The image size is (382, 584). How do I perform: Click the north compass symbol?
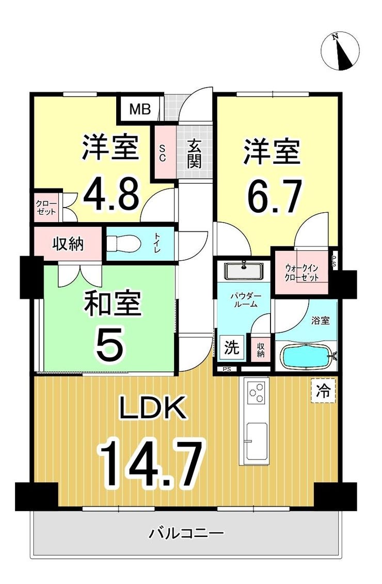[x=340, y=52]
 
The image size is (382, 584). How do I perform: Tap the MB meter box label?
[x=140, y=109]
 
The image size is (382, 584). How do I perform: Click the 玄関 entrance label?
[x=194, y=153]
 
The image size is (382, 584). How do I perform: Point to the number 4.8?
[x=112, y=194]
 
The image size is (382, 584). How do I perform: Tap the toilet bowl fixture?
[x=123, y=244]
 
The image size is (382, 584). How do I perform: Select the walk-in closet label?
[x=301, y=273]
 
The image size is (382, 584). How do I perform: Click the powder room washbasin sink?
[x=244, y=271]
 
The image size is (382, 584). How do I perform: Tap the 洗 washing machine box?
[x=232, y=348]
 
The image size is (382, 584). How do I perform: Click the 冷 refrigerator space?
[x=323, y=390]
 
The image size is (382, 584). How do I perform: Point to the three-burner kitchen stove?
[x=257, y=393]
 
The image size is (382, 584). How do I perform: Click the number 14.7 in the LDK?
[x=152, y=463]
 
